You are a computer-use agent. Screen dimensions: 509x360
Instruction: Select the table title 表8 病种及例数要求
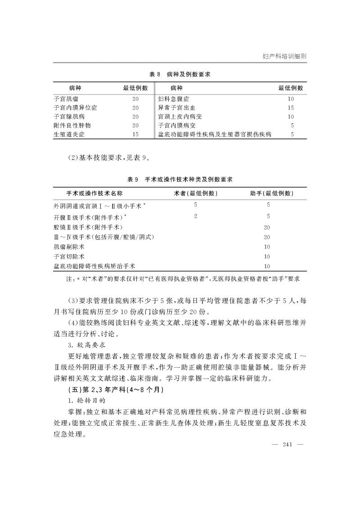point(180,74)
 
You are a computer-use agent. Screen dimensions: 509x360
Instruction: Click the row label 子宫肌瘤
point(65,99)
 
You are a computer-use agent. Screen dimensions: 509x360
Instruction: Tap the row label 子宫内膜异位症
point(75,108)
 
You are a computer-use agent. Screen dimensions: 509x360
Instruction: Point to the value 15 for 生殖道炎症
point(135,135)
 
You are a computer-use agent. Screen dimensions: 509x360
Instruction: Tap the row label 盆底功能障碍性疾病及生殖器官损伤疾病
point(214,135)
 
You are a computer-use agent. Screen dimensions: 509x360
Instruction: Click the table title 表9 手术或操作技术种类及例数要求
point(180,180)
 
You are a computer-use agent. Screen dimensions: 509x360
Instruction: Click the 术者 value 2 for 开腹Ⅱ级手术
point(196,216)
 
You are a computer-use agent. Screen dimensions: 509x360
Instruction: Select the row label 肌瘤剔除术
point(69,247)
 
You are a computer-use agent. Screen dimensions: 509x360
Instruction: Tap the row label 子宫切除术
point(69,257)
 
